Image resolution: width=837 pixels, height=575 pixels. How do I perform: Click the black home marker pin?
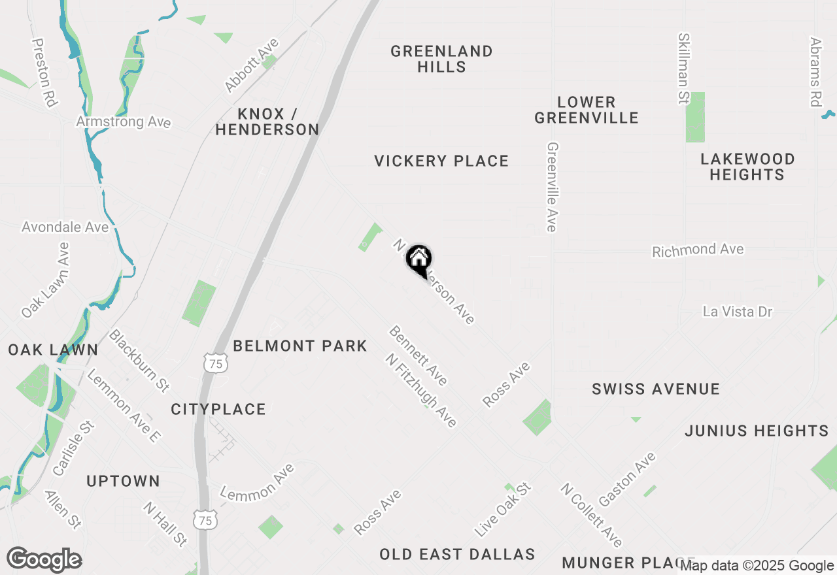coord(418,259)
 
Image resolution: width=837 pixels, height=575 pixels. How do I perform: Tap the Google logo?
coord(44,560)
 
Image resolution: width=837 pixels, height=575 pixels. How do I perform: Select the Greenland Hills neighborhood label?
coord(441,59)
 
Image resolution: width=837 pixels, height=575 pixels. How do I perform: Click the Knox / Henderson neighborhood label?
coord(267,122)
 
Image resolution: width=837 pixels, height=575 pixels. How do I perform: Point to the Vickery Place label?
coord(441,161)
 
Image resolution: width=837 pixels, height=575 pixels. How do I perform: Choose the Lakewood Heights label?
coord(747,167)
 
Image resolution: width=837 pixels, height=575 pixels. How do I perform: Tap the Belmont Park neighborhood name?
coord(300,346)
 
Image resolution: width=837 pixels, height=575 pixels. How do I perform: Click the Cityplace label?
coord(218,410)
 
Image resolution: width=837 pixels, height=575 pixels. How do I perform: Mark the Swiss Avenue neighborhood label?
coord(655,389)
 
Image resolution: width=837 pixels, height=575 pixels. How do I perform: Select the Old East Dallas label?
coord(457,555)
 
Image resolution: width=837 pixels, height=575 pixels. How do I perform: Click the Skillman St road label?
coord(684,69)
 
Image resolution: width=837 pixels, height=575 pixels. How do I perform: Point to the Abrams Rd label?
coord(815,72)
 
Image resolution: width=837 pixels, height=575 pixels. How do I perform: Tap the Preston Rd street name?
coord(44,72)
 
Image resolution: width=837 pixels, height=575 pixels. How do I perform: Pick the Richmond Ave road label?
coord(698,250)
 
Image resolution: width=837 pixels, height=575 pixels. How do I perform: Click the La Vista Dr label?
coord(738,312)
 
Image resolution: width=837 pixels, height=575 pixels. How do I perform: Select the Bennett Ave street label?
coord(418,355)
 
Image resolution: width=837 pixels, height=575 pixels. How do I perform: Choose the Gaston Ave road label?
coord(627,479)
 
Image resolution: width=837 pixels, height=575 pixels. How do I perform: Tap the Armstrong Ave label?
coord(123,122)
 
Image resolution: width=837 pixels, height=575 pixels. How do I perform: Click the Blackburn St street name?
coord(139,361)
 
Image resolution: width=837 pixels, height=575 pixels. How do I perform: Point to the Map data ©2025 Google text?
coord(757,566)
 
